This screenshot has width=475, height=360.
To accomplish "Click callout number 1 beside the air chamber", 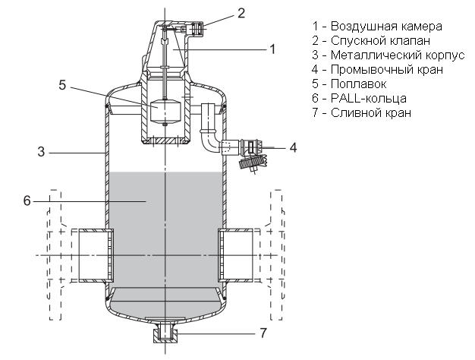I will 271,49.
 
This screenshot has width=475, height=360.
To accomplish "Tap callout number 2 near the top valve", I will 219,12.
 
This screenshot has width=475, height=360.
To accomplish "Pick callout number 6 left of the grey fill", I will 27,201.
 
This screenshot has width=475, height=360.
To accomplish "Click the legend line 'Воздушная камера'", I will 376,27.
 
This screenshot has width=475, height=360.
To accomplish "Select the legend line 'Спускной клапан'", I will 371,41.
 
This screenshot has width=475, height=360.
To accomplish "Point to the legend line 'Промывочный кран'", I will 378,70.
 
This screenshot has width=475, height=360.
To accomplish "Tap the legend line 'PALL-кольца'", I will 363,99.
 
